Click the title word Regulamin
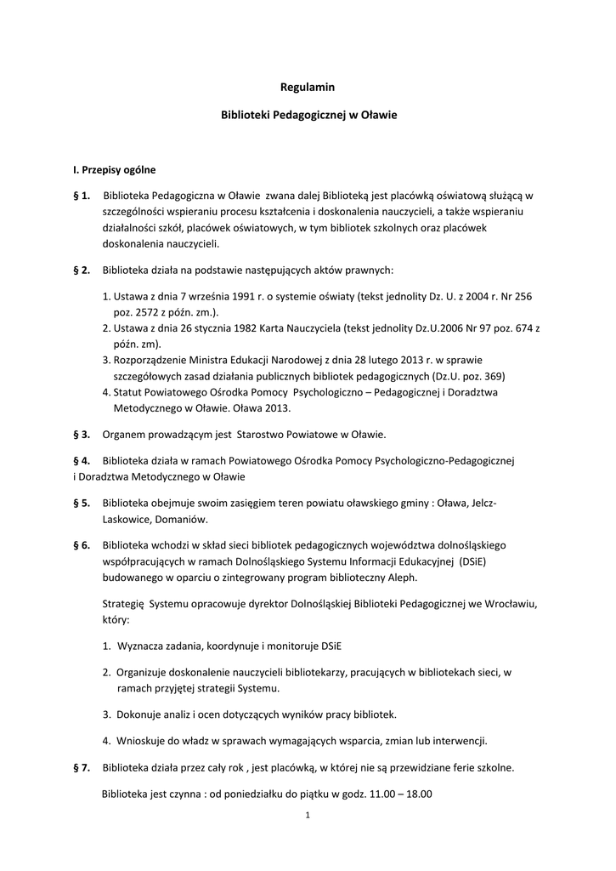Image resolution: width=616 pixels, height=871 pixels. pos(308,86)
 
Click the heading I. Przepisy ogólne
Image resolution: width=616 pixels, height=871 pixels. pos(114,169)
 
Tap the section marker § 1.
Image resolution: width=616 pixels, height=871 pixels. pos(82,196)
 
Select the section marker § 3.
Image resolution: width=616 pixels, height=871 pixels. pos(82,435)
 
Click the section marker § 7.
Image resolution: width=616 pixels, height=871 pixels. pos(82,768)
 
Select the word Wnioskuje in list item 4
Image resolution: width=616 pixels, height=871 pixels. pos(144,739)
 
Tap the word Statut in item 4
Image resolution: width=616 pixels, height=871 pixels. pos(129,391)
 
